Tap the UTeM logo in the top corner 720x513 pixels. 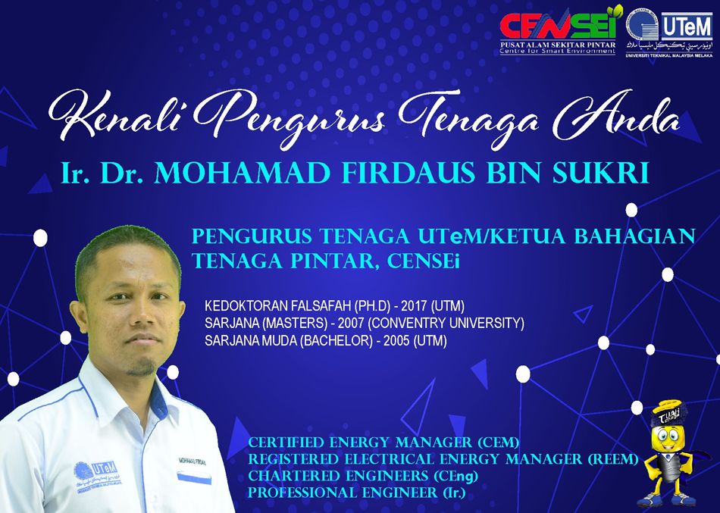[669, 31]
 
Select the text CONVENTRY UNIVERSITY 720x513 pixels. [446, 324]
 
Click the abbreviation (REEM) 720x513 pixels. [612, 458]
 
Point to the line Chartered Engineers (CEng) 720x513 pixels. [363, 476]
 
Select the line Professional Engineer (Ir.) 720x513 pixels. [357, 493]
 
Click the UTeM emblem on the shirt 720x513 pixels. [97, 477]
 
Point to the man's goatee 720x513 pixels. [141, 367]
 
